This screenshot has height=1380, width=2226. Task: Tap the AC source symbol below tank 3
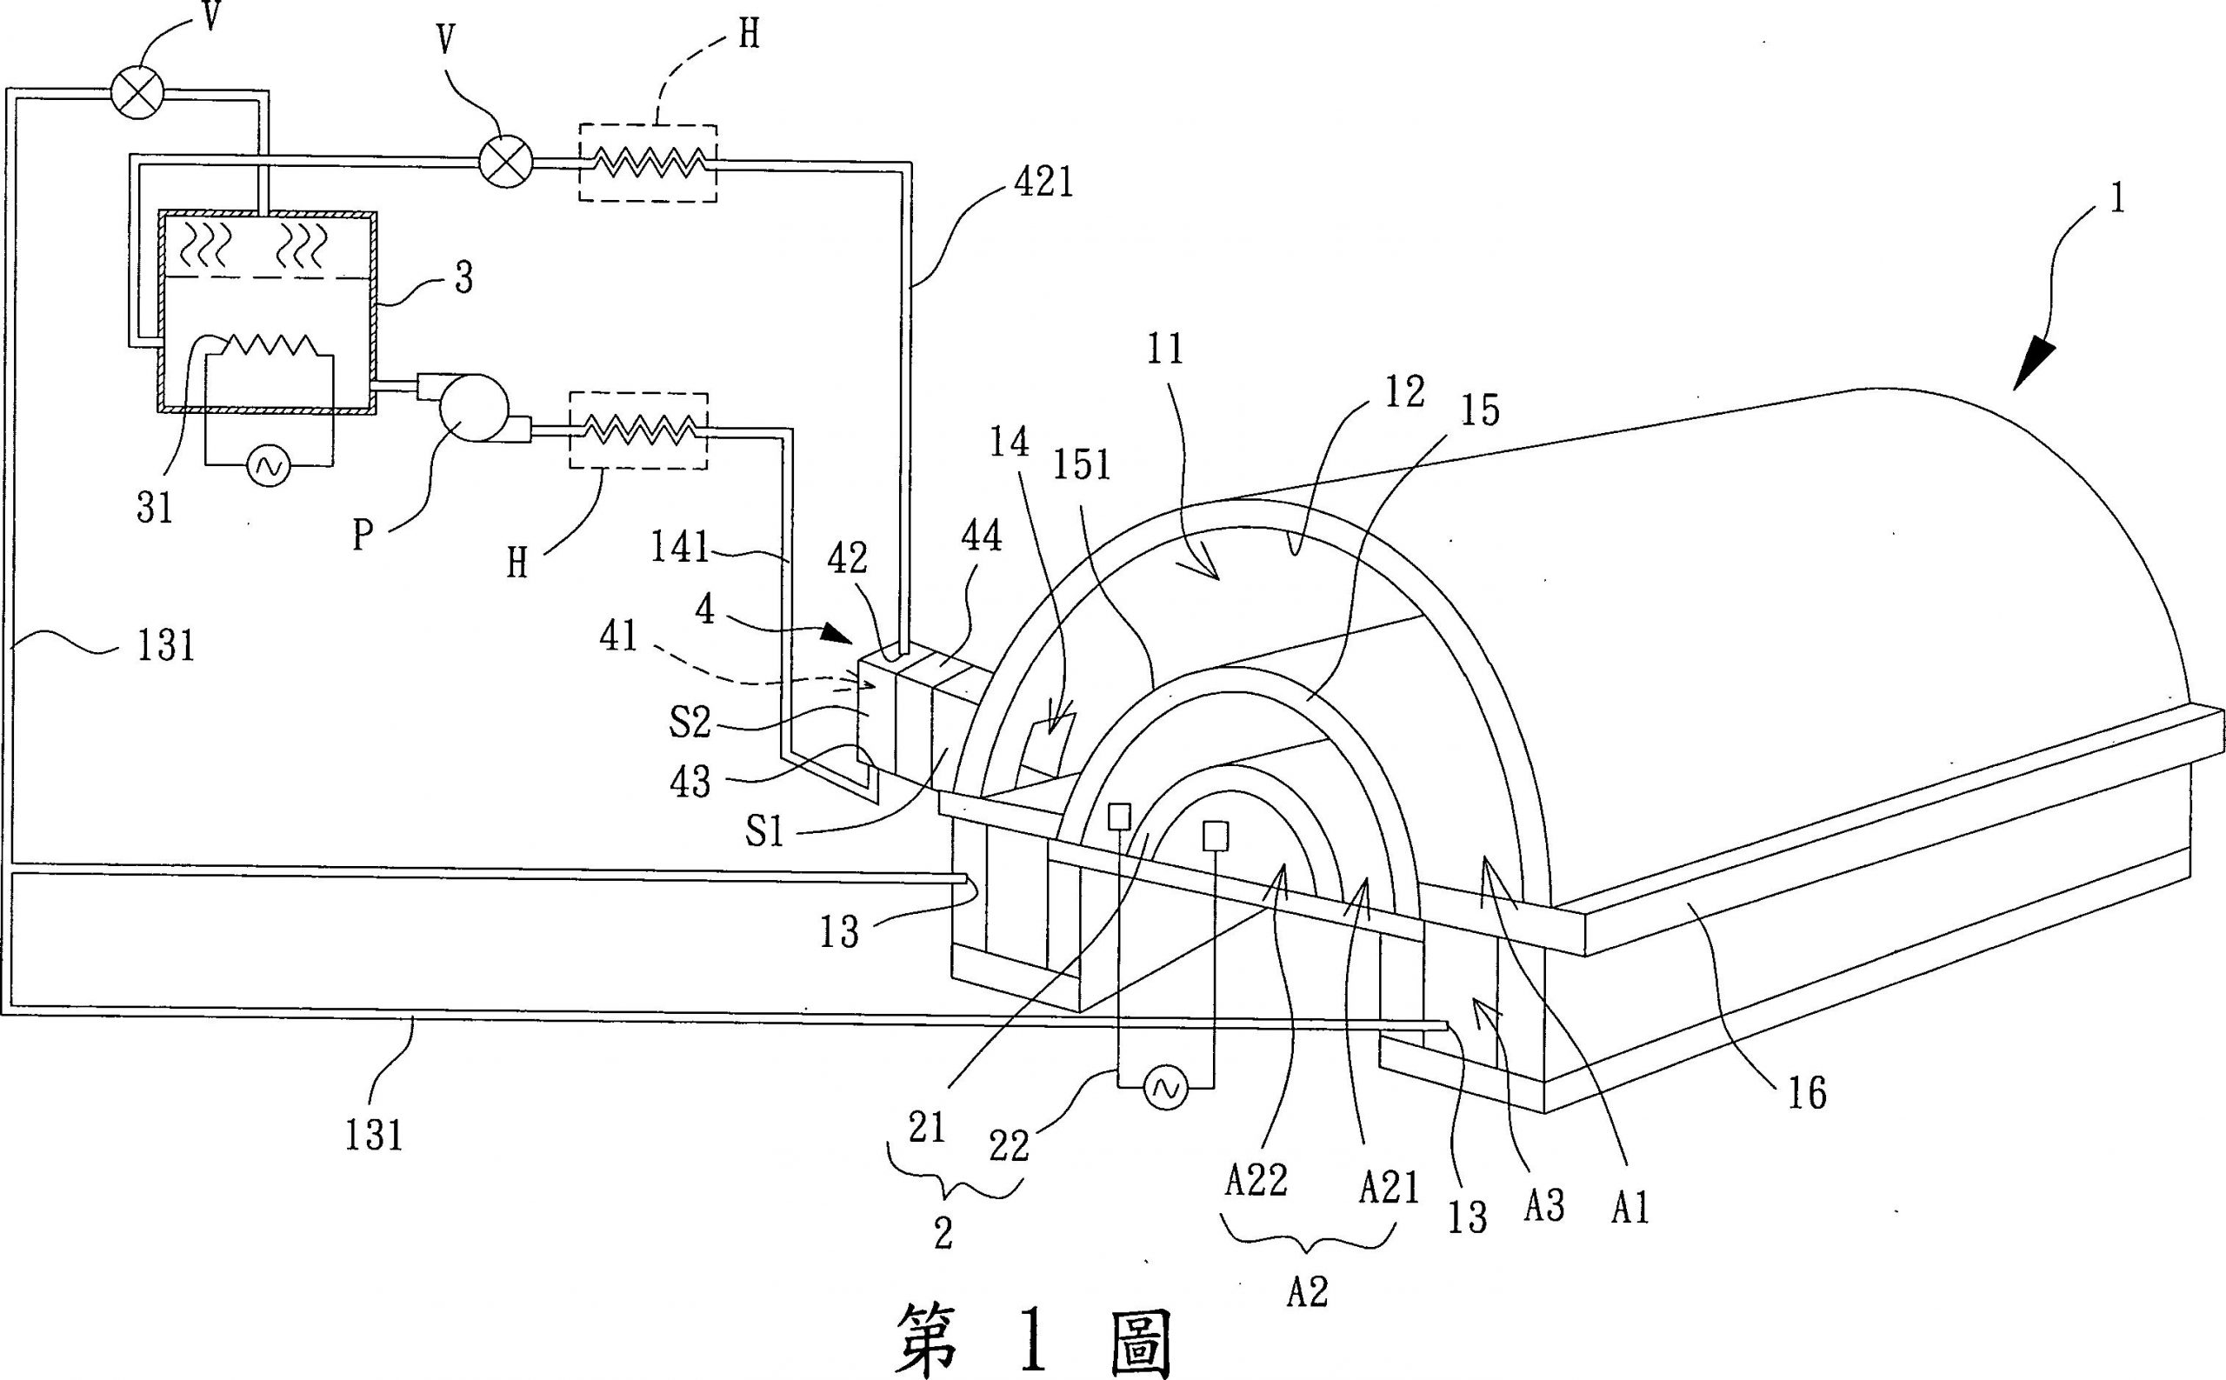[x=270, y=466]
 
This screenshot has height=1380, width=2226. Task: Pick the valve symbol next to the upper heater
[x=505, y=163]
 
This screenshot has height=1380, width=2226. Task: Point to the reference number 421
[x=1043, y=184]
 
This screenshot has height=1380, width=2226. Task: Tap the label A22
[x=1255, y=1181]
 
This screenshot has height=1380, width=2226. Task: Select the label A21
[x=1388, y=1188]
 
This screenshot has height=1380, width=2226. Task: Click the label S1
[x=765, y=832]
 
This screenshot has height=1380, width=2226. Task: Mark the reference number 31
[x=154, y=508]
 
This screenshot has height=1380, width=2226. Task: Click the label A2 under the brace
[x=1306, y=1290]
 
